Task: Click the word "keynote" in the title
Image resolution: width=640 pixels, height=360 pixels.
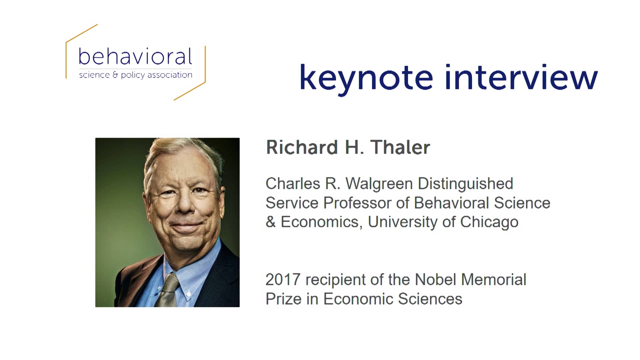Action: pos(366,78)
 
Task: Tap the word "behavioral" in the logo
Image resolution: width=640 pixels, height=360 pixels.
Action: pos(135,56)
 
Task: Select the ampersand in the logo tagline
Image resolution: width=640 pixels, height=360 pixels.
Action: pos(115,75)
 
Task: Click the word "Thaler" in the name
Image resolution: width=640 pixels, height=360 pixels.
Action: pos(400,147)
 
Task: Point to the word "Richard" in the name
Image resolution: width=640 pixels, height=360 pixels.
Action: pos(302,147)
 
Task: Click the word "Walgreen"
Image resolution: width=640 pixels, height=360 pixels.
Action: pos(379,184)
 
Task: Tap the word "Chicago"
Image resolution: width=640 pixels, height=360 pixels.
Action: pos(489,222)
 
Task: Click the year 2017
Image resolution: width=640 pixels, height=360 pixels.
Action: pos(283,280)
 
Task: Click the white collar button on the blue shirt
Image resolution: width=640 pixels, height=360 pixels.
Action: pos(189,294)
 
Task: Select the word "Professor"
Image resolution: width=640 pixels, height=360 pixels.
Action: pos(366,203)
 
